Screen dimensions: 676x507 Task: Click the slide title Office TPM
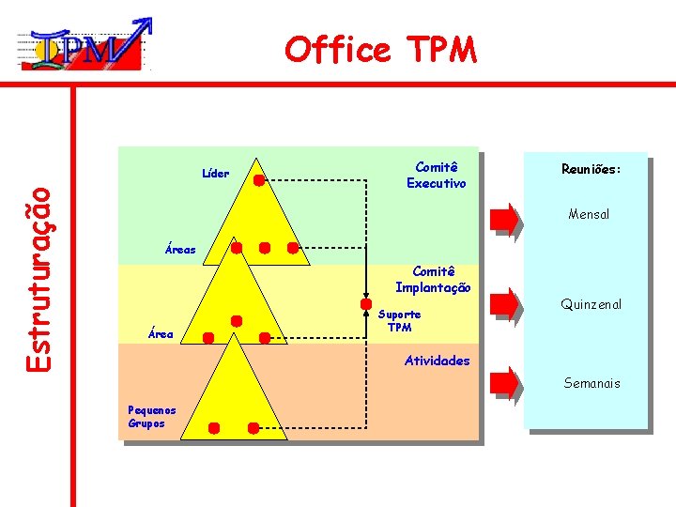coord(381,49)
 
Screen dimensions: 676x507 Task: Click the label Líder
coord(215,173)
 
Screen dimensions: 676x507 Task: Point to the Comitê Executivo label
coord(436,175)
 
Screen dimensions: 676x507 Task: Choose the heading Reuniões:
coord(591,170)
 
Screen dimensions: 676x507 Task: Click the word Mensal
coord(589,214)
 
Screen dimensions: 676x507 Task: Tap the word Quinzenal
coord(591,304)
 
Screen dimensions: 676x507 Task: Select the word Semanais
coord(591,383)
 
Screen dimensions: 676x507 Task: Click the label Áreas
coord(180,250)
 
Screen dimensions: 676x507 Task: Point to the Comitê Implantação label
coord(433,280)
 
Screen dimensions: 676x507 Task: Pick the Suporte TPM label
coord(400,320)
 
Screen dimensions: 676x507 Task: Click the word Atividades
coord(437,361)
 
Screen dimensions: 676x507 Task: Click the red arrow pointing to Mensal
coord(505,217)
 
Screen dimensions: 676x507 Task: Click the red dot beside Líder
coord(257,175)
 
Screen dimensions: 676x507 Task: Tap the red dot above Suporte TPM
coord(365,304)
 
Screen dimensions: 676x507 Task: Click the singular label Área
coord(161,333)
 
